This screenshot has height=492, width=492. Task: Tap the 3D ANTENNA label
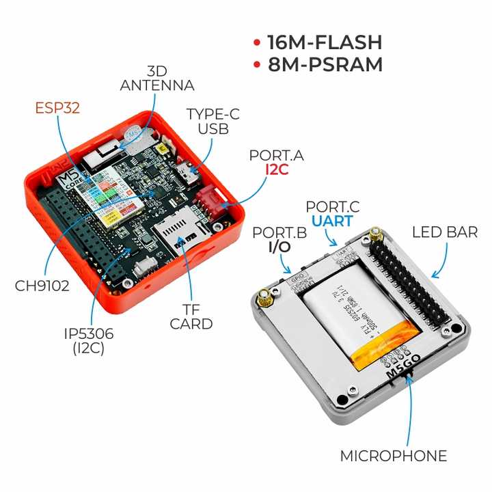tap(156, 79)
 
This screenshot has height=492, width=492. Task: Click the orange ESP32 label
tap(59, 107)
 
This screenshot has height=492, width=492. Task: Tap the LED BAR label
tap(445, 232)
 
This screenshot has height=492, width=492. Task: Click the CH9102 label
tap(42, 286)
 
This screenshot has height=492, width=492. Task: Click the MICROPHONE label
tap(394, 456)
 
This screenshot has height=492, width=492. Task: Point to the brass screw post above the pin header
tap(374, 236)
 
